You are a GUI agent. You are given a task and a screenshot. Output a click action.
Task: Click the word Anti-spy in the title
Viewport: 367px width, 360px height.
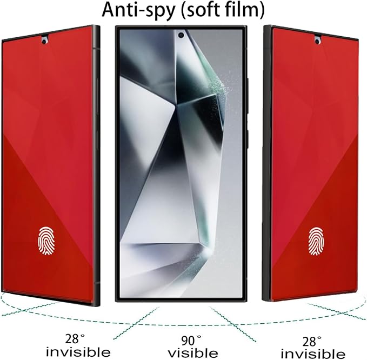coord(138,10)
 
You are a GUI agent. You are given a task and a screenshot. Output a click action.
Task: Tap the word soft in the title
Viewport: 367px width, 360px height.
coord(203,9)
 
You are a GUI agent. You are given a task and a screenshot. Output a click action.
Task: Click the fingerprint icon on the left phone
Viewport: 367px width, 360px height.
coord(46,241)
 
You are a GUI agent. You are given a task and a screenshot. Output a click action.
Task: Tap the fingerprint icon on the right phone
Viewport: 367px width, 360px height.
coord(316,241)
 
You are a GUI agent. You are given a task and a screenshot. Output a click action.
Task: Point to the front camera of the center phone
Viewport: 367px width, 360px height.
coord(181,35)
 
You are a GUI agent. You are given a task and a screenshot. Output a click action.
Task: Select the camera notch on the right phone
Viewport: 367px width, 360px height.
coord(317,40)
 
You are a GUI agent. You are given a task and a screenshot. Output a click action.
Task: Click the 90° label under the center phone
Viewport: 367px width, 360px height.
coord(191,341)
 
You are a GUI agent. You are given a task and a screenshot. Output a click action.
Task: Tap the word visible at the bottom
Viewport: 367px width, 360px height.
coord(193,353)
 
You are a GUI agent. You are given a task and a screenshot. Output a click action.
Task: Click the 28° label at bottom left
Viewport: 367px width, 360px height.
coord(75,339)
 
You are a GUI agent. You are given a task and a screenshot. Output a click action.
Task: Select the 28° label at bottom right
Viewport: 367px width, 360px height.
coord(312,342)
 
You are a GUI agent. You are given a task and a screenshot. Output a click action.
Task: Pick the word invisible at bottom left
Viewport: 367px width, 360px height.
coord(78,352)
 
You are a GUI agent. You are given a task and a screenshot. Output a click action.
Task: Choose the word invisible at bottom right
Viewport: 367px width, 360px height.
coord(313,354)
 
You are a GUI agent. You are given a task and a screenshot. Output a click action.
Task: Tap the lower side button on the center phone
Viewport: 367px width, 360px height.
coord(248,138)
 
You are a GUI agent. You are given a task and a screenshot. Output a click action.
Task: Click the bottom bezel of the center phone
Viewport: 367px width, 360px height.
coord(181,299)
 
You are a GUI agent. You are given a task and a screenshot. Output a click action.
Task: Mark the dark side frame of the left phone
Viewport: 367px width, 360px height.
coord(96,164)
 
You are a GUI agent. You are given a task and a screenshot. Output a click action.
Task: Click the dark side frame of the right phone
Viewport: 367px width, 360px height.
coord(267,163)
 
